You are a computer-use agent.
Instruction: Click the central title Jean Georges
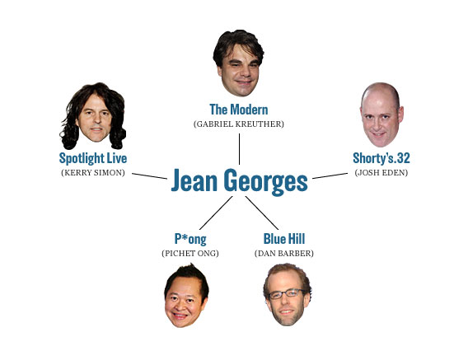click(x=240, y=181)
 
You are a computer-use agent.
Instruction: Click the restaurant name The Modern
click(x=239, y=110)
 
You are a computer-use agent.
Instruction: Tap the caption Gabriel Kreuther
click(x=239, y=124)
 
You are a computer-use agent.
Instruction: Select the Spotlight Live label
click(x=93, y=158)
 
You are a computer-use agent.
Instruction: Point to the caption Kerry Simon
click(x=93, y=172)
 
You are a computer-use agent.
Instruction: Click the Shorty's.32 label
click(x=381, y=158)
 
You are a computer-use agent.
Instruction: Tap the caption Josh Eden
click(x=381, y=172)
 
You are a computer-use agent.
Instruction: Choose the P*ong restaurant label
click(x=190, y=239)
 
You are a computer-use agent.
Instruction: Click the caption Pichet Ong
click(x=190, y=254)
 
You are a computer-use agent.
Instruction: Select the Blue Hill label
click(x=284, y=239)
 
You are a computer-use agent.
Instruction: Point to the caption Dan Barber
click(x=284, y=254)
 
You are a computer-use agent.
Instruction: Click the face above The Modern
click(x=238, y=63)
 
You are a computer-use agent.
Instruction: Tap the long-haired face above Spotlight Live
click(x=93, y=116)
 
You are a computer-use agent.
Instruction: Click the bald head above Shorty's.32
click(x=381, y=115)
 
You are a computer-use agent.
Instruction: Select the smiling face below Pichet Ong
click(x=186, y=296)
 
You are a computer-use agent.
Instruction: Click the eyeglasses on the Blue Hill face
click(x=287, y=294)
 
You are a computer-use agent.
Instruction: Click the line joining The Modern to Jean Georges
click(x=240, y=149)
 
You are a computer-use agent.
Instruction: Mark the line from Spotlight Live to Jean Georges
click(x=149, y=176)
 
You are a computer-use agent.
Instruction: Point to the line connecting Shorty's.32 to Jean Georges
click(x=330, y=175)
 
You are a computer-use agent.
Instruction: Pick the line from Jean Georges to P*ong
click(x=216, y=213)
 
